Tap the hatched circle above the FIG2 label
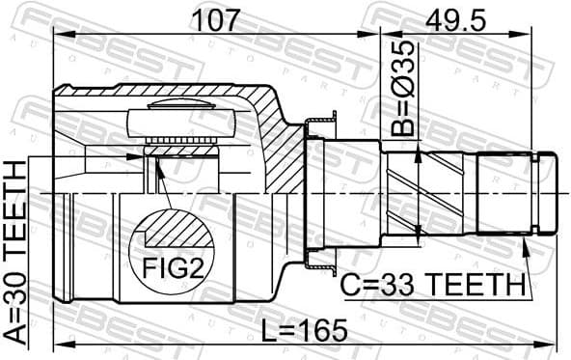[x=174, y=232]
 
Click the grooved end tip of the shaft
[x=545, y=193]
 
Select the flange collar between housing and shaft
[x=318, y=193]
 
